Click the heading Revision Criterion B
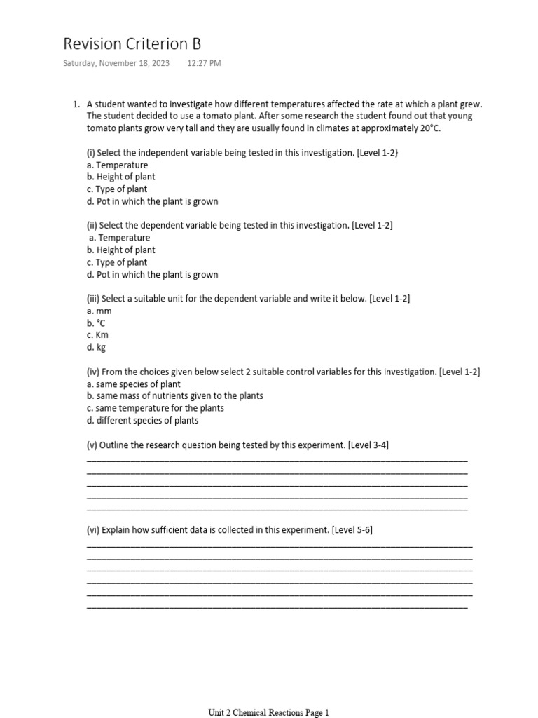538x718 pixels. tap(132, 44)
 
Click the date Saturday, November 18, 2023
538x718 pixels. tap(116, 63)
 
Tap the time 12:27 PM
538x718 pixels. tap(204, 63)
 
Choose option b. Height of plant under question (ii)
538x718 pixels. tap(121, 250)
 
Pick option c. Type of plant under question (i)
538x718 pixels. tap(117, 189)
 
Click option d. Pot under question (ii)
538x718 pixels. tap(152, 274)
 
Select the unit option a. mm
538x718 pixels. tap(99, 311)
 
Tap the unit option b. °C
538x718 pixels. tap(97, 323)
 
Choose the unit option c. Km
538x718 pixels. tap(97, 335)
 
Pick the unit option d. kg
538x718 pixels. tap(97, 347)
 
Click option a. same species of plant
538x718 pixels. tap(134, 384)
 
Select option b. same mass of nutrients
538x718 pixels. tap(175, 395)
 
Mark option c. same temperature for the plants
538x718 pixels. tap(156, 408)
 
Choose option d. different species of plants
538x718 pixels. tap(142, 421)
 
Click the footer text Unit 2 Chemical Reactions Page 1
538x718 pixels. tap(268, 712)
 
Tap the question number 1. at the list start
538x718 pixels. tap(76, 104)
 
